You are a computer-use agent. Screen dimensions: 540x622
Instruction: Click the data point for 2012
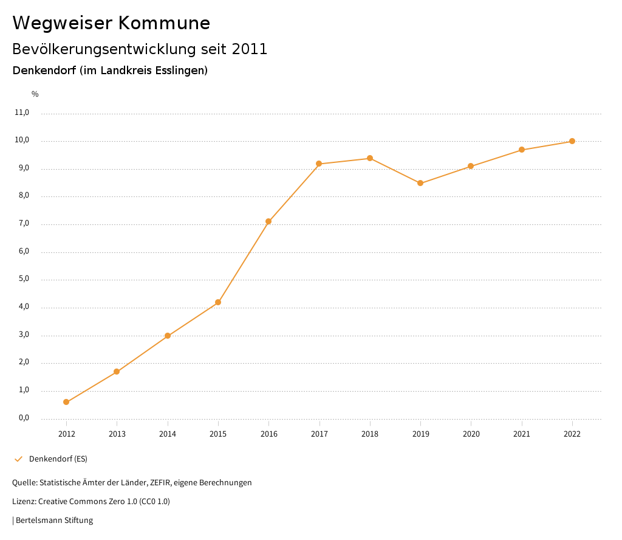pyautogui.click(x=66, y=402)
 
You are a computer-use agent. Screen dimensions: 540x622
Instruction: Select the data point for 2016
pyautogui.click(x=268, y=221)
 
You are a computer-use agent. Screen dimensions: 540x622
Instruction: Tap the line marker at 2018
pyautogui.click(x=369, y=158)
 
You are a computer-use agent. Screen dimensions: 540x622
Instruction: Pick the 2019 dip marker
pyautogui.click(x=420, y=183)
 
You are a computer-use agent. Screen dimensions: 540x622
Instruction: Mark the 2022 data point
pyautogui.click(x=572, y=141)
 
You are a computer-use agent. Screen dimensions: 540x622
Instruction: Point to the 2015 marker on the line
pyautogui.click(x=218, y=302)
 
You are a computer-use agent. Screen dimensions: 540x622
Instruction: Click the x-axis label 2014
pyautogui.click(x=168, y=434)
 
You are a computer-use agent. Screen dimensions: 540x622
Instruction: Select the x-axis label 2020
pyautogui.click(x=471, y=434)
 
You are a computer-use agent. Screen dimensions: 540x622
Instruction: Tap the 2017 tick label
pyautogui.click(x=319, y=434)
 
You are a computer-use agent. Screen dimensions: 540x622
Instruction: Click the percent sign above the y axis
pyautogui.click(x=35, y=94)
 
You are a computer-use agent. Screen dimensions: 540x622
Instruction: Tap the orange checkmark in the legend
pyautogui.click(x=18, y=459)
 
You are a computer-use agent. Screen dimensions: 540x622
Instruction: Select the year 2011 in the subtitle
pyautogui.click(x=250, y=49)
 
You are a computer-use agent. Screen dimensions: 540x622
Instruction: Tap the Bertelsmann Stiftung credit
pyautogui.click(x=54, y=521)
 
